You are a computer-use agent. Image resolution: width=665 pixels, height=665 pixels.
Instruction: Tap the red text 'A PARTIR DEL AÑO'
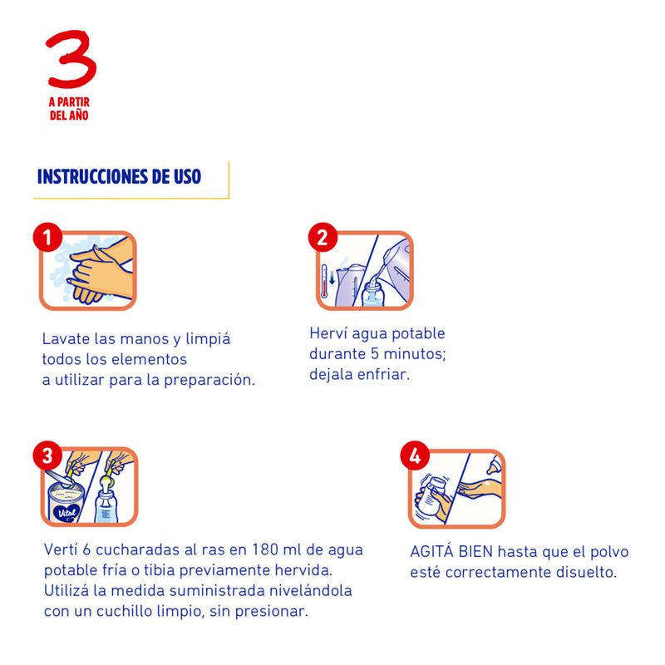[69, 109]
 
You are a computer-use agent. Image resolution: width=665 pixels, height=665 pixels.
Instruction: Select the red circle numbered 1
[47, 238]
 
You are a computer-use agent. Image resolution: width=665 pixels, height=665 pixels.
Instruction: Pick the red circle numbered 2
[323, 238]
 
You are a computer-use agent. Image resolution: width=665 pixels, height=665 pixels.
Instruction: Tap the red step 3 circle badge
[47, 456]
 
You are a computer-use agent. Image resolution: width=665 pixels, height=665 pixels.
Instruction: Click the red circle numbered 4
[415, 456]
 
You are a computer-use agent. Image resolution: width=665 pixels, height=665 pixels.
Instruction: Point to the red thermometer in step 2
[324, 281]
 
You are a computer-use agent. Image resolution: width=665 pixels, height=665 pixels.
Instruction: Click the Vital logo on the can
[67, 512]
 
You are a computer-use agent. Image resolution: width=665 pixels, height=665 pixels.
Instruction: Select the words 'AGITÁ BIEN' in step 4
[451, 551]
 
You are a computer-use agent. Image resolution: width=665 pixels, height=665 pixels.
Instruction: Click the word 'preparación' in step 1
[209, 381]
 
